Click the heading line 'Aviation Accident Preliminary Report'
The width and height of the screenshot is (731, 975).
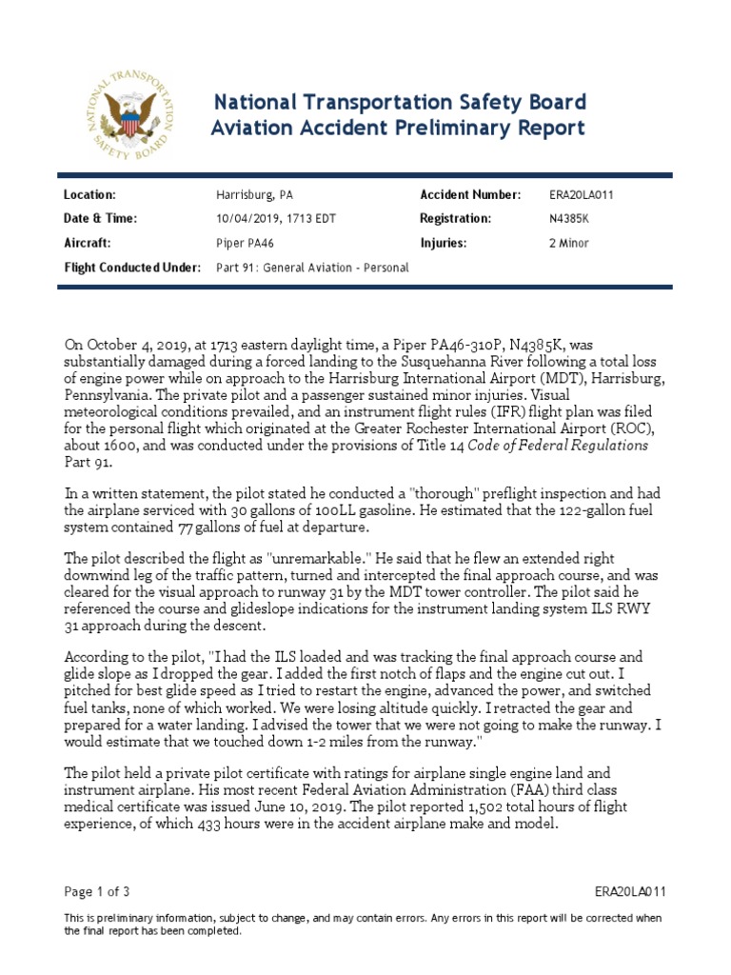pyautogui.click(x=398, y=128)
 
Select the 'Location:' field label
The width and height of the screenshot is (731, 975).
pyautogui.click(x=89, y=194)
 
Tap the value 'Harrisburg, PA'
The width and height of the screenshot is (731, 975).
pyautogui.click(x=255, y=194)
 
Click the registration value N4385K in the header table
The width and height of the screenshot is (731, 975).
pyautogui.click(x=569, y=218)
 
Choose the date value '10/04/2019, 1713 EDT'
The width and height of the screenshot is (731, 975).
pyautogui.click(x=276, y=218)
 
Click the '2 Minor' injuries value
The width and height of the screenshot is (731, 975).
pyautogui.click(x=569, y=243)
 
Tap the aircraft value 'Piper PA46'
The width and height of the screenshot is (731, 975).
pyautogui.click(x=249, y=243)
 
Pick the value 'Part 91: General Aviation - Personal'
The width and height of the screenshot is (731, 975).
pyautogui.click(x=312, y=268)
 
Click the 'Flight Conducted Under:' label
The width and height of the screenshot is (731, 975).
pyautogui.click(x=131, y=268)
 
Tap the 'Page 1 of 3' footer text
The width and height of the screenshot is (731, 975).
pyautogui.click(x=96, y=891)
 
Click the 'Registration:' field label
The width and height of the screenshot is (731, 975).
pyautogui.click(x=455, y=218)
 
